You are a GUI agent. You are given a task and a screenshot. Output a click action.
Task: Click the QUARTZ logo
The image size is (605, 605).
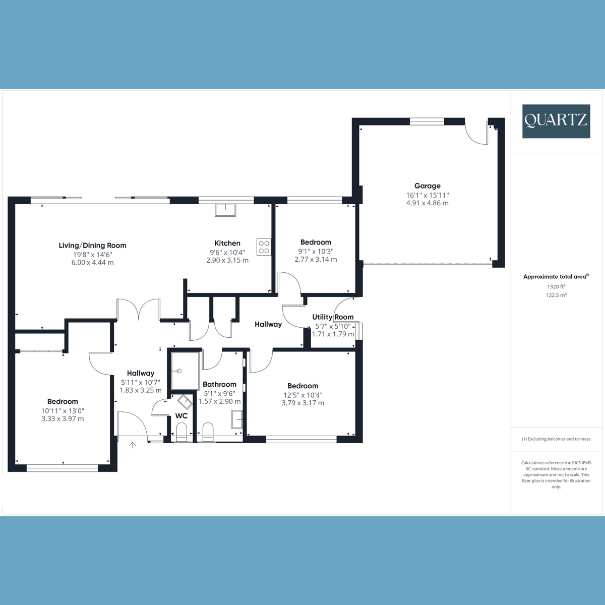point(556,121)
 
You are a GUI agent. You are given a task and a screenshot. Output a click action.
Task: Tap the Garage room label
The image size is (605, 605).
point(427,186)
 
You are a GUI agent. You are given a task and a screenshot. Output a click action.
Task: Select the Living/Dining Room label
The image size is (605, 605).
point(92,246)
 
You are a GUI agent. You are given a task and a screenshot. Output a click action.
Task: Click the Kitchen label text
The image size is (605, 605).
point(227,243)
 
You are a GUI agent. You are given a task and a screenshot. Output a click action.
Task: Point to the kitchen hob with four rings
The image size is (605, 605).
point(264,247)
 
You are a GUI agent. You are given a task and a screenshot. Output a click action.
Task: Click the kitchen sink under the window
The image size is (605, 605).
point(225,210)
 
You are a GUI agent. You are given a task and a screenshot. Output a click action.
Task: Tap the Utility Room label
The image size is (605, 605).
point(333,317)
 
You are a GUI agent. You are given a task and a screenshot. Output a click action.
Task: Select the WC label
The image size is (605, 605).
point(181,416)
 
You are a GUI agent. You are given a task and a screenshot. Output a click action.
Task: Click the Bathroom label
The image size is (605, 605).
point(219,384)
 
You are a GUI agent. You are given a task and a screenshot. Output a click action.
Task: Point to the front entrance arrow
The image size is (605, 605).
point(133,445)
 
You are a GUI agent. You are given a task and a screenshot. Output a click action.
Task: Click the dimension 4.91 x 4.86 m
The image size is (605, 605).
point(427,203)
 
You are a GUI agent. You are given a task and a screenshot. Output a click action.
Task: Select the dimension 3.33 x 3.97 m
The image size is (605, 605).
point(63,418)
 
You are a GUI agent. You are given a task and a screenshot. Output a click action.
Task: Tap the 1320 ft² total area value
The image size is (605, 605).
point(556,286)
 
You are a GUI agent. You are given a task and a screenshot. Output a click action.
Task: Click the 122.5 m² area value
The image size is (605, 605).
point(556,295)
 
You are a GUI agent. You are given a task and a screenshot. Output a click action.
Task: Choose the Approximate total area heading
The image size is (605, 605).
point(556,277)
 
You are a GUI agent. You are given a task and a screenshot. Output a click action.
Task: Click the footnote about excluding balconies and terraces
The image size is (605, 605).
point(556,439)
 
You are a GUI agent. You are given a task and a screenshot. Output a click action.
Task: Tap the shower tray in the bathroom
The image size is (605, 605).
point(185,371)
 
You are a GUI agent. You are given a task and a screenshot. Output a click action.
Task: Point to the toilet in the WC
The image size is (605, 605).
point(181,432)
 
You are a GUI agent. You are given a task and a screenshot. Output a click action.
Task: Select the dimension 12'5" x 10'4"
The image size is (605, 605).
point(302,395)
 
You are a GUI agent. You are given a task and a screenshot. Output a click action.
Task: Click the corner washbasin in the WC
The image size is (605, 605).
point(185,402)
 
